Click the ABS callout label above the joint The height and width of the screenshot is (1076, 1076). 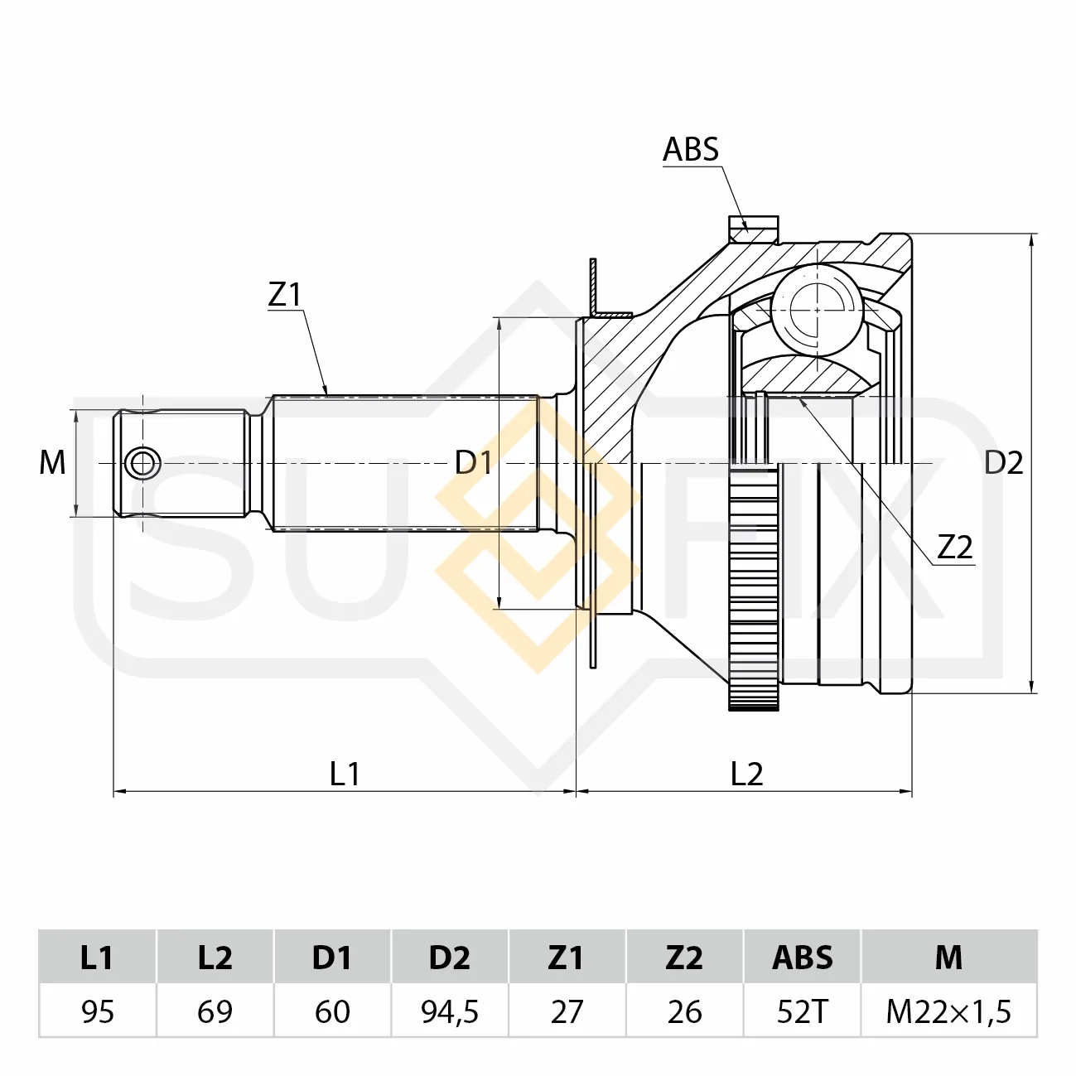pos(691,149)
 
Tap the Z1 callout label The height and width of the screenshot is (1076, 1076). pos(285,294)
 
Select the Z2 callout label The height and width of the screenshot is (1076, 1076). pos(955,547)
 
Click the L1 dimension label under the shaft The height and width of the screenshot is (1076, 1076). pos(345,774)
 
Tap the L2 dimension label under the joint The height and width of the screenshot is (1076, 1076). pos(746,774)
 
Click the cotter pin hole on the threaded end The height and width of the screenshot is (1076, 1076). pos(143,464)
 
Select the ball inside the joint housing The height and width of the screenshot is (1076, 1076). pos(817,310)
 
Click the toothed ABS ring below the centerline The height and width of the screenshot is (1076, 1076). pos(754,589)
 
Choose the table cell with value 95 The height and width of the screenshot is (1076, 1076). pos(98,1011)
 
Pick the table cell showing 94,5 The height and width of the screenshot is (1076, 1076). pos(450,1011)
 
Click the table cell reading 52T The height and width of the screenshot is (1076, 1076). pos(803,1011)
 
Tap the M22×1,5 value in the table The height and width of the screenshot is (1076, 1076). pos(948,1011)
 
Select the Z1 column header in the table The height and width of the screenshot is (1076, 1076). pos(567,958)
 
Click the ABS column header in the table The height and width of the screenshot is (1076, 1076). pos(803,958)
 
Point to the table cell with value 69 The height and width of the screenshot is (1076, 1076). pos(215,1011)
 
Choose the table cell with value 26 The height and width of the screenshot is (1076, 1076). pos(684,1011)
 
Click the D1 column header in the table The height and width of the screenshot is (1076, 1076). pos(332,958)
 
